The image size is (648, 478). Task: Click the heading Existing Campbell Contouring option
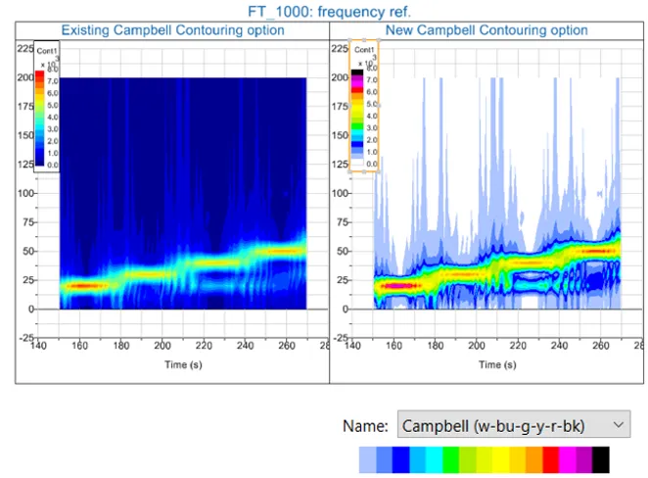[x=172, y=30]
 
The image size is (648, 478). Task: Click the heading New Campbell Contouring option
[x=486, y=30]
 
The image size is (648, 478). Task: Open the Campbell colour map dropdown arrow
[x=616, y=425]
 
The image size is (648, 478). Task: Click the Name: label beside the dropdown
[x=365, y=426]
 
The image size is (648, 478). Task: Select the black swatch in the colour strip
[x=600, y=459]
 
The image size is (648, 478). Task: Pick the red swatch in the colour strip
[x=551, y=459]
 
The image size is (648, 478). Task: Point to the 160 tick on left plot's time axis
[x=81, y=346]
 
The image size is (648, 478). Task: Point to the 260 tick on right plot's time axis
[x=601, y=346]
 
